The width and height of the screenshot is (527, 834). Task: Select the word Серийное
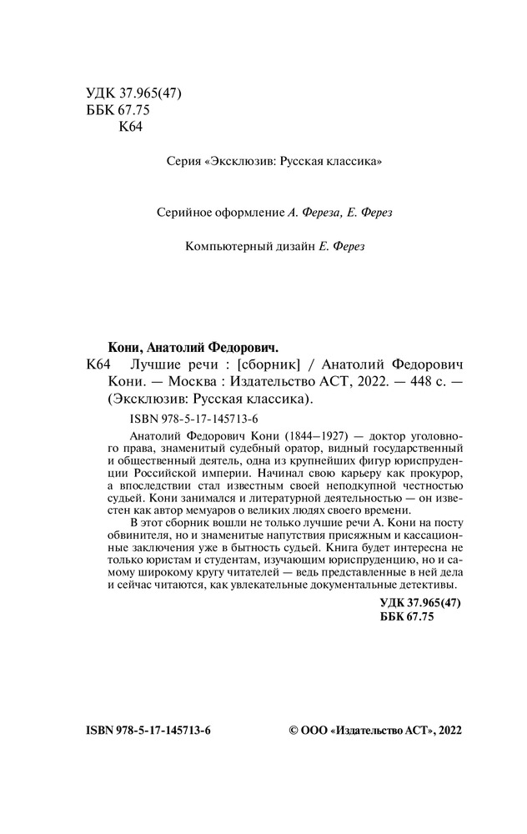[185, 213]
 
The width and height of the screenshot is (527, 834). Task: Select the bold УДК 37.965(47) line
[419, 602]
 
